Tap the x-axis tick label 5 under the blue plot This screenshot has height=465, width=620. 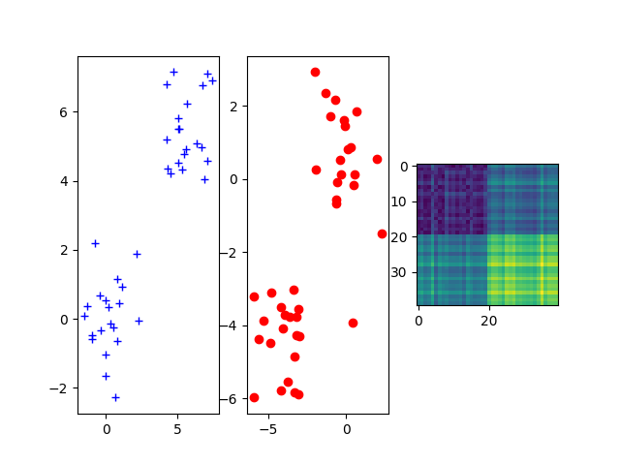[x=177, y=427]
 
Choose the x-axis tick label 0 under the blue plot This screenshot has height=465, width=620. [x=106, y=427]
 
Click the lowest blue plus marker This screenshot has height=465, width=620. [x=115, y=397]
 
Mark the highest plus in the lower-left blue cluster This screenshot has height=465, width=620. [x=95, y=243]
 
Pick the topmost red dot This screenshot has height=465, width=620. [x=315, y=72]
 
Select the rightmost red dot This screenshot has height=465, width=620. [x=382, y=233]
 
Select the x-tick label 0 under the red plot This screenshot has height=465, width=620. [x=346, y=427]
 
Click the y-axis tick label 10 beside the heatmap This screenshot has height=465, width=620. [x=402, y=201]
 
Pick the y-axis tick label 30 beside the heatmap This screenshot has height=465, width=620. [x=402, y=272]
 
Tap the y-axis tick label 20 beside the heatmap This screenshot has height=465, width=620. [x=402, y=237]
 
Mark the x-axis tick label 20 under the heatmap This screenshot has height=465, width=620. [x=488, y=319]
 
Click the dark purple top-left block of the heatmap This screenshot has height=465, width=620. [x=451, y=199]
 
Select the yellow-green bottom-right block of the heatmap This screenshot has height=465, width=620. [x=523, y=269]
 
